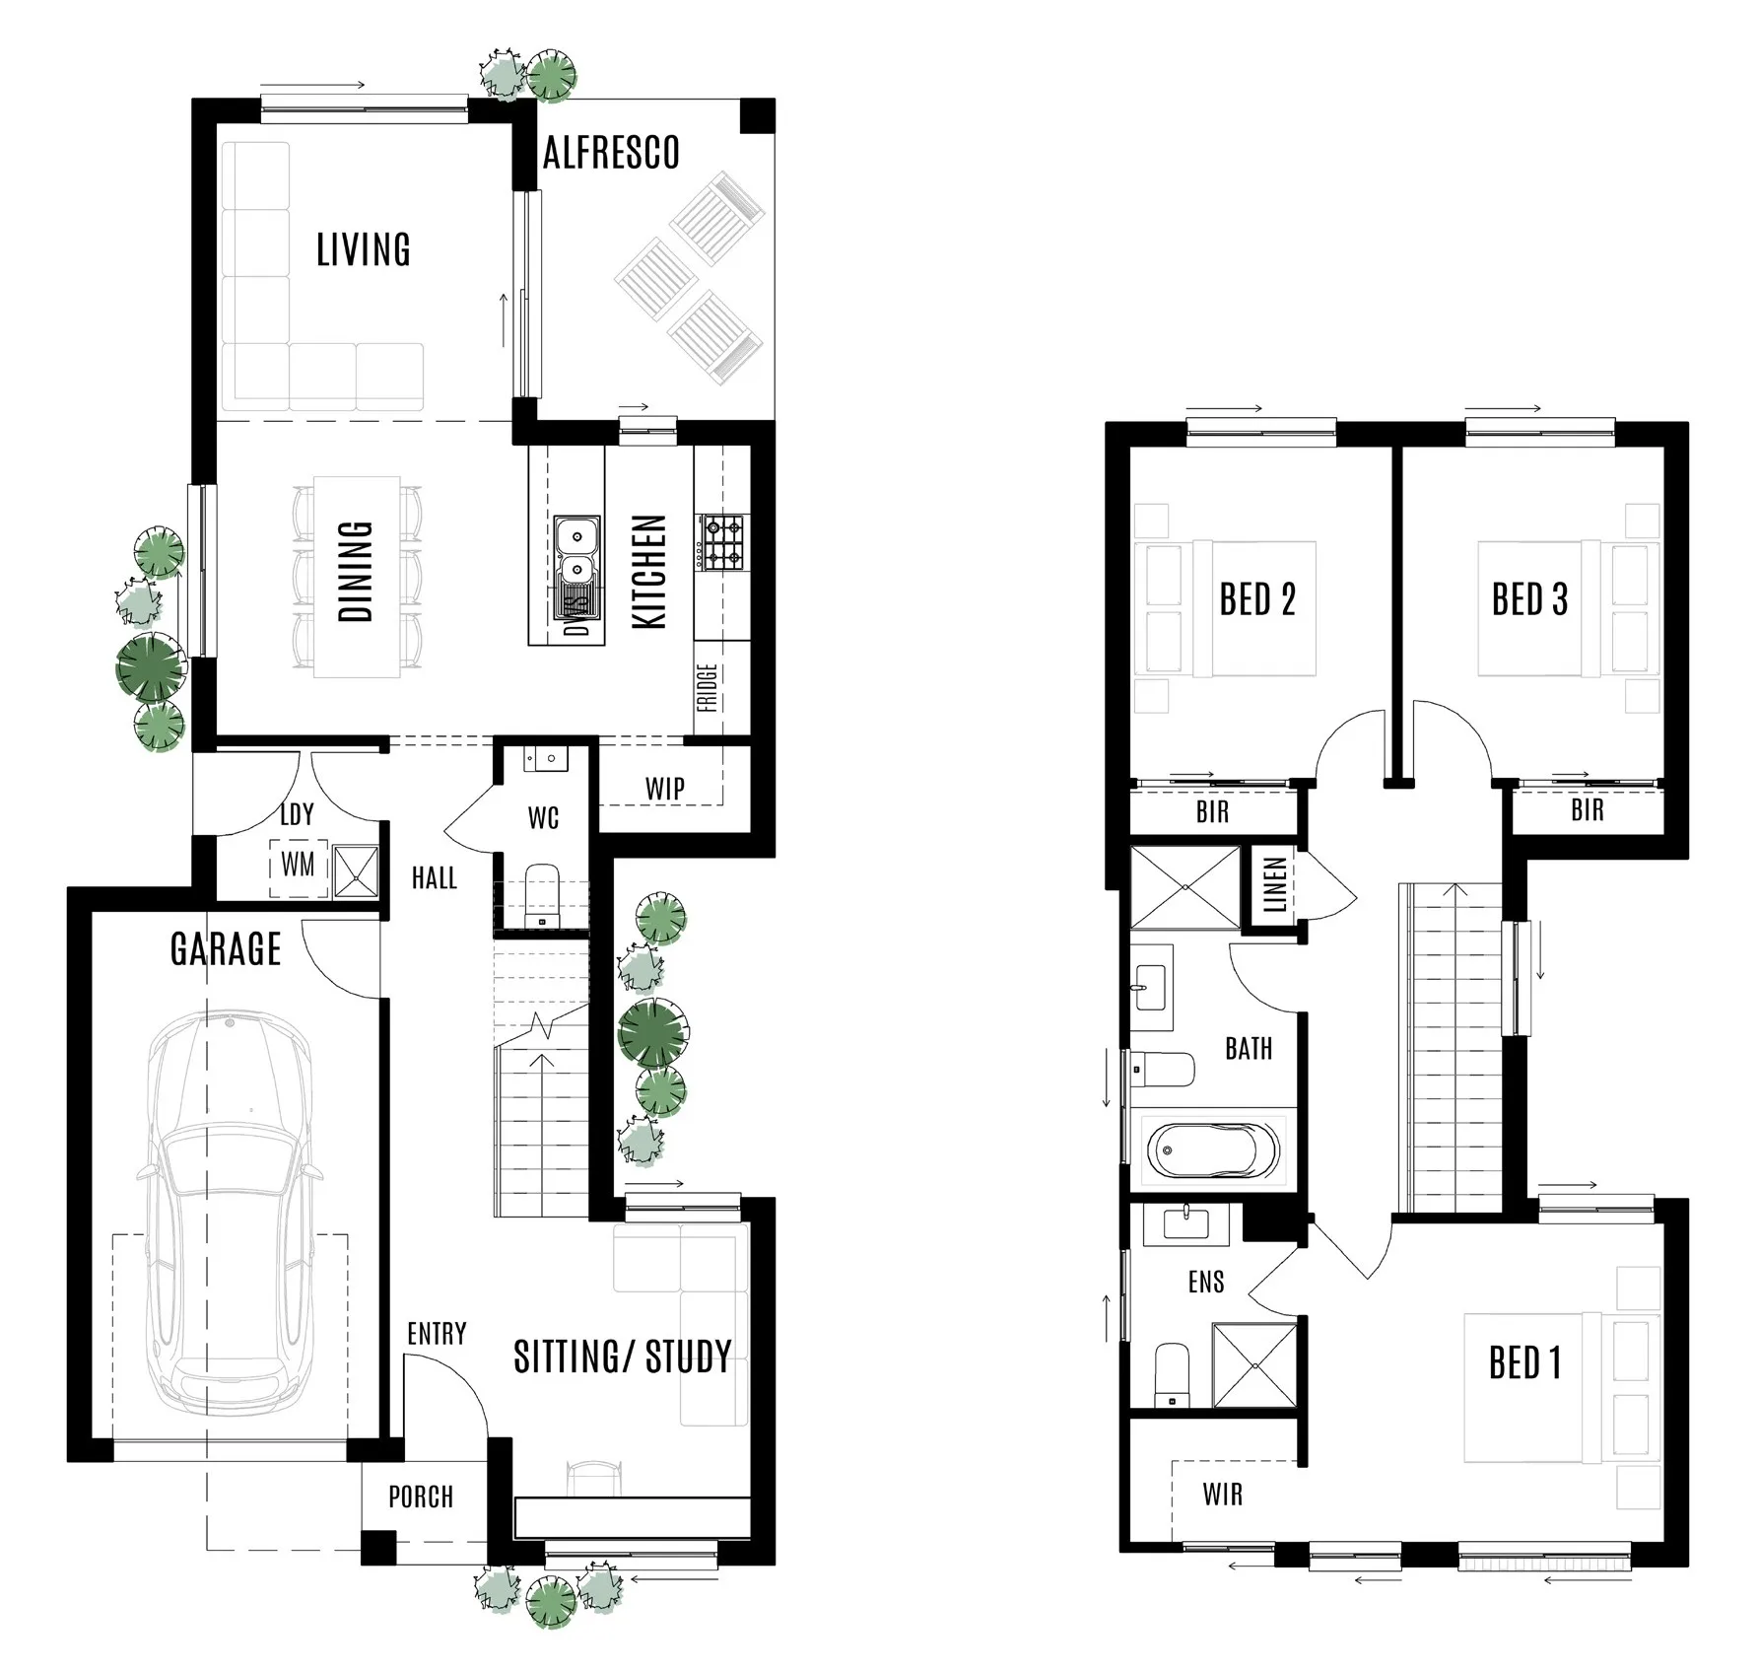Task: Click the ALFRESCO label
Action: tap(611, 154)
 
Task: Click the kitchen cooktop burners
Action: tap(723, 542)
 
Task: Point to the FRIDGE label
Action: tap(708, 688)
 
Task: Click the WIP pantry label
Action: tap(665, 789)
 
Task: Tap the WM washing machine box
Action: tap(299, 866)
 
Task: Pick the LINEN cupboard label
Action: tap(1274, 884)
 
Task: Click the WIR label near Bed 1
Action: tap(1222, 1495)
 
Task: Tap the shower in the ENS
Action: tap(1253, 1365)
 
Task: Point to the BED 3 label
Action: tap(1528, 599)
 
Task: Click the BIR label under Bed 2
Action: tap(1212, 812)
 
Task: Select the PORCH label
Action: tap(421, 1497)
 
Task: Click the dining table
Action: tap(357, 577)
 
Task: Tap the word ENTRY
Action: tap(437, 1334)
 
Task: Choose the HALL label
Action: tap(434, 877)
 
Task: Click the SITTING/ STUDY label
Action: tap(622, 1358)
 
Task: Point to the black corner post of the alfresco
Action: tap(758, 115)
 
